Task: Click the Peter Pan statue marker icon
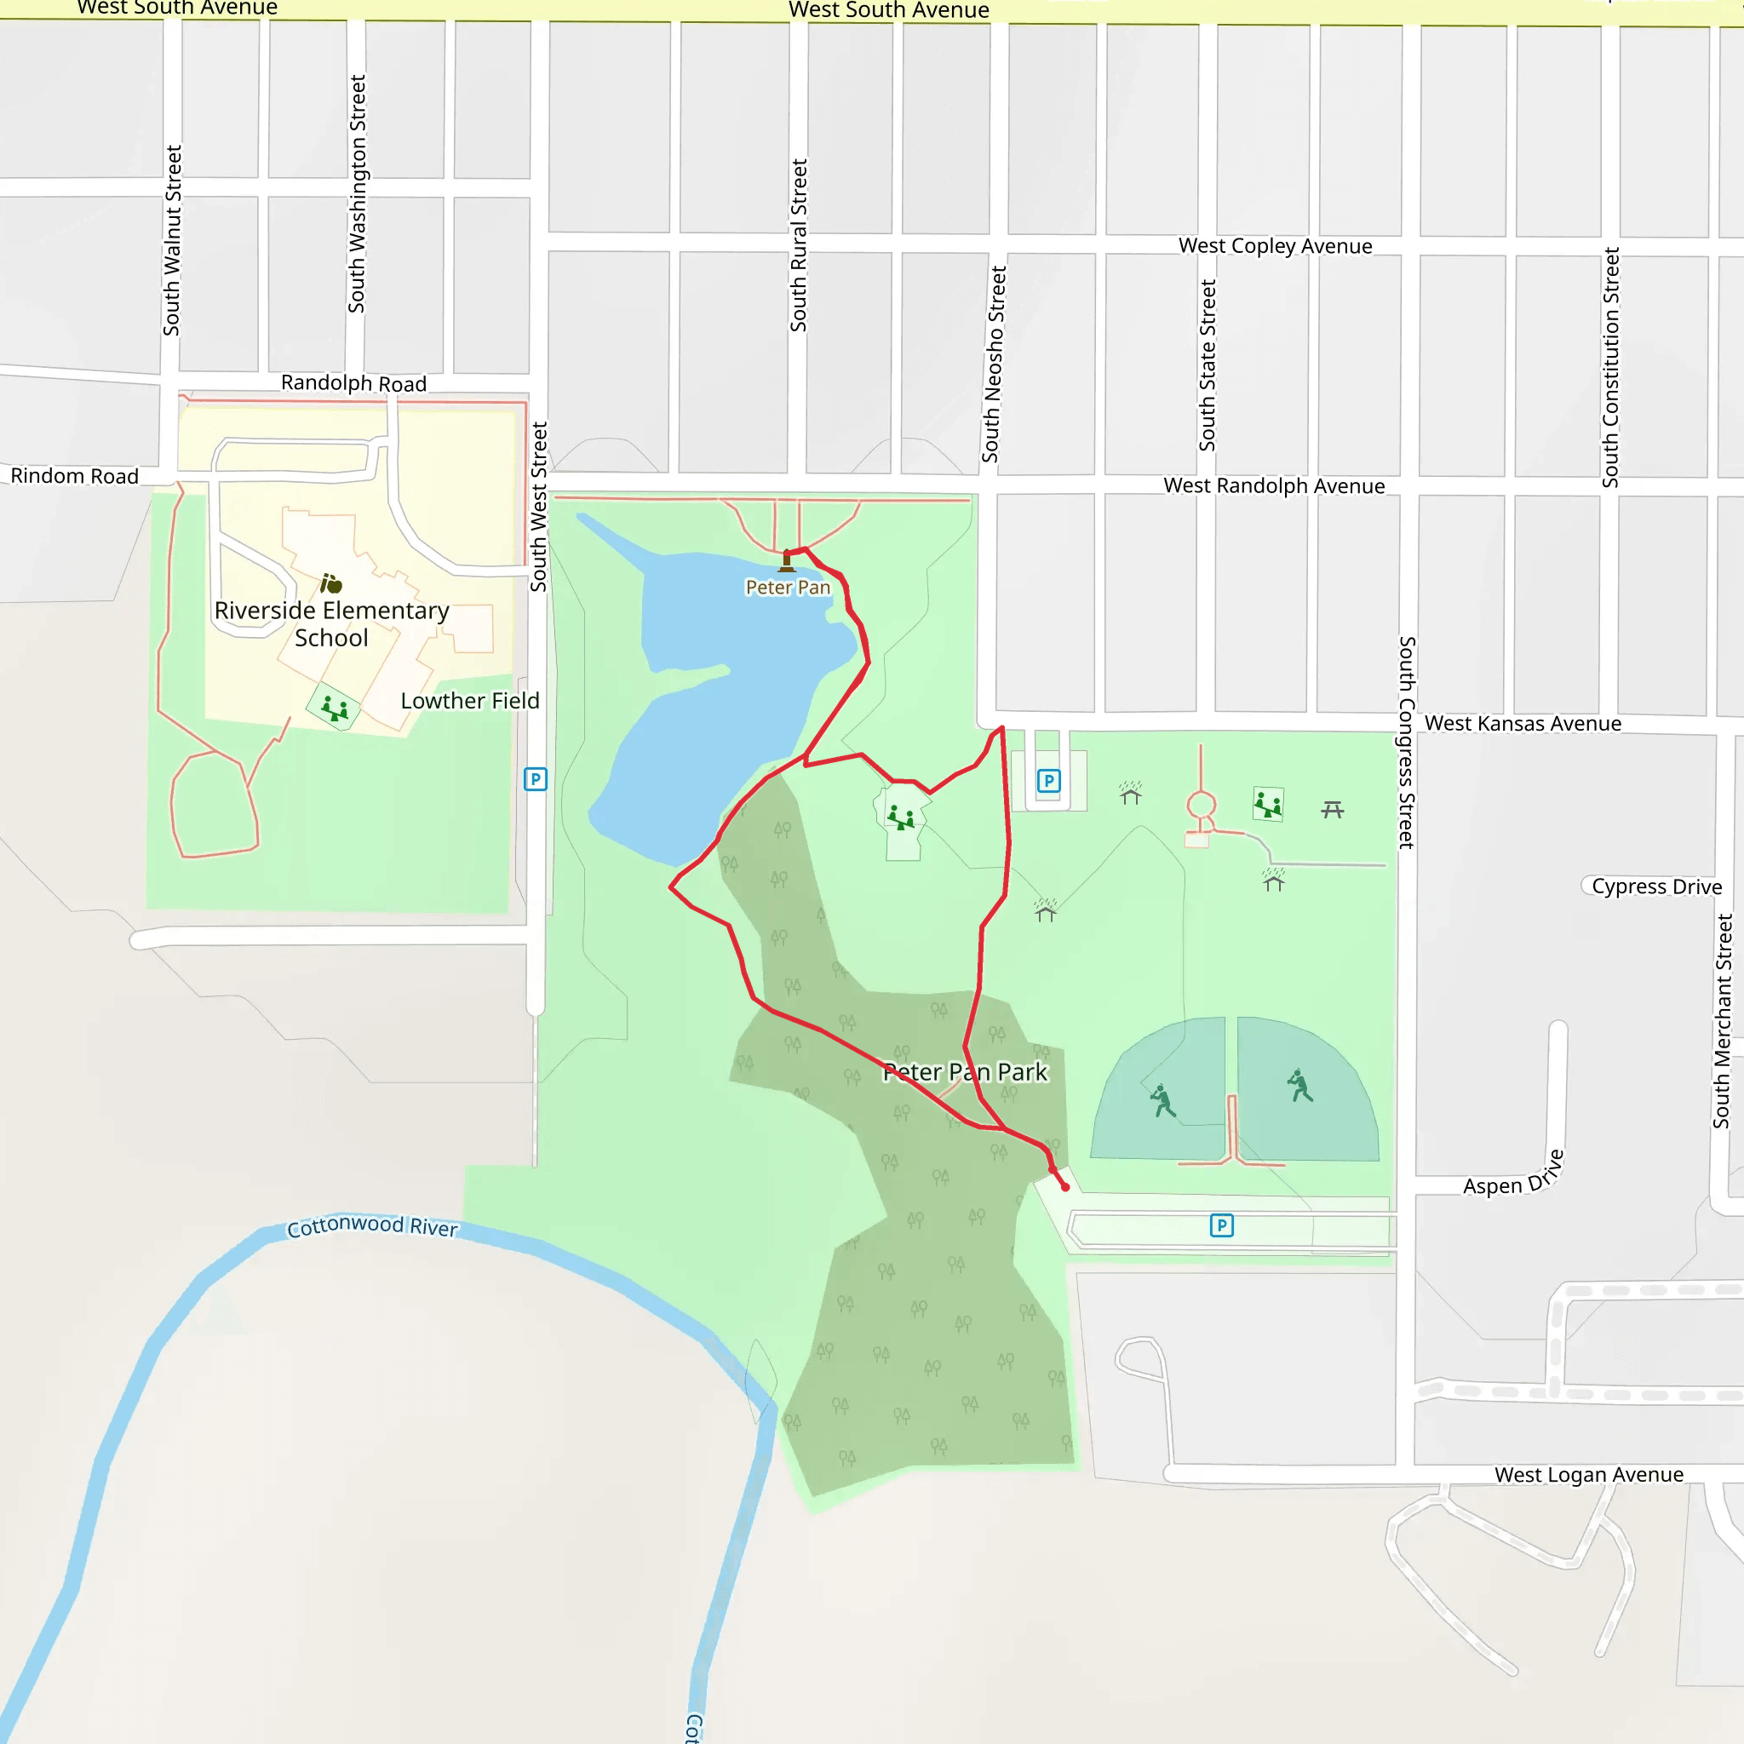tap(786, 561)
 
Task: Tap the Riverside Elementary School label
tap(331, 623)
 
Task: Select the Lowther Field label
tap(469, 701)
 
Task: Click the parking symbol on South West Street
tap(536, 779)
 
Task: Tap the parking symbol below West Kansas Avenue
tap(1048, 781)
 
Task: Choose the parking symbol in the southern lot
tap(1221, 1225)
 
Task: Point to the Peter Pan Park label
tap(965, 1071)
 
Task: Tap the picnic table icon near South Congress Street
tap(1333, 810)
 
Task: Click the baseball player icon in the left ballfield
tap(1162, 1100)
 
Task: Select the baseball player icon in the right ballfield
tap(1299, 1085)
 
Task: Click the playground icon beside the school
tap(335, 707)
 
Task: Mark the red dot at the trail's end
tap(1065, 1187)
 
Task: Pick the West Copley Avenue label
tap(1275, 246)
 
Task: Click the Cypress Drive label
tap(1656, 886)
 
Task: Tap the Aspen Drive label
tap(1513, 1176)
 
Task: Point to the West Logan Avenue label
tap(1589, 1475)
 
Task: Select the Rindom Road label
tap(75, 476)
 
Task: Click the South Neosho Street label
tap(994, 364)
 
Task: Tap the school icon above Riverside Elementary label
tap(331, 584)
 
